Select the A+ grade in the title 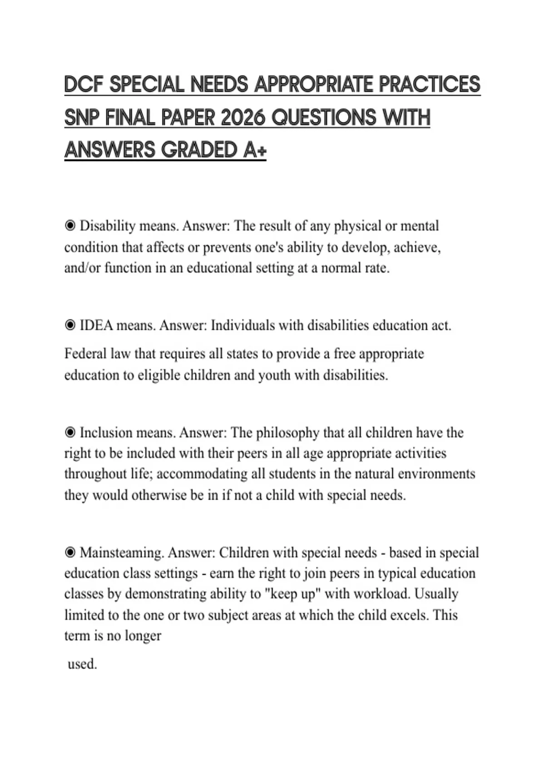tap(254, 150)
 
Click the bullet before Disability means tap(70, 226)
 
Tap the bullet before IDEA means tap(70, 326)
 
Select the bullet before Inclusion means tap(70, 432)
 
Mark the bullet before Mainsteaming tap(70, 553)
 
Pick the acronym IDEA tap(96, 326)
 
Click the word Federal tap(85, 354)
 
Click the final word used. tap(82, 664)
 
